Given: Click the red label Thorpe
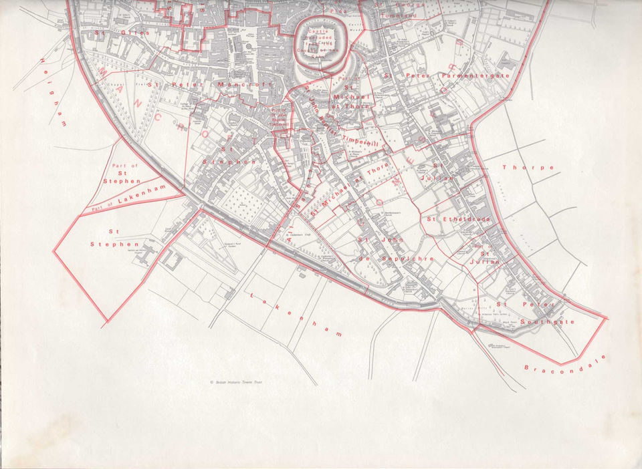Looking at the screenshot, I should (528, 168).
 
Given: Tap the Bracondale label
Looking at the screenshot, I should (564, 363).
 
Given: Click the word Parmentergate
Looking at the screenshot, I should (474, 75).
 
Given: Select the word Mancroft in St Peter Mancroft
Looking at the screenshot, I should (245, 85).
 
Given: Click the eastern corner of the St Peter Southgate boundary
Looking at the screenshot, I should (605, 318).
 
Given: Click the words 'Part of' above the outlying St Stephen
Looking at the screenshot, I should (124, 165).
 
